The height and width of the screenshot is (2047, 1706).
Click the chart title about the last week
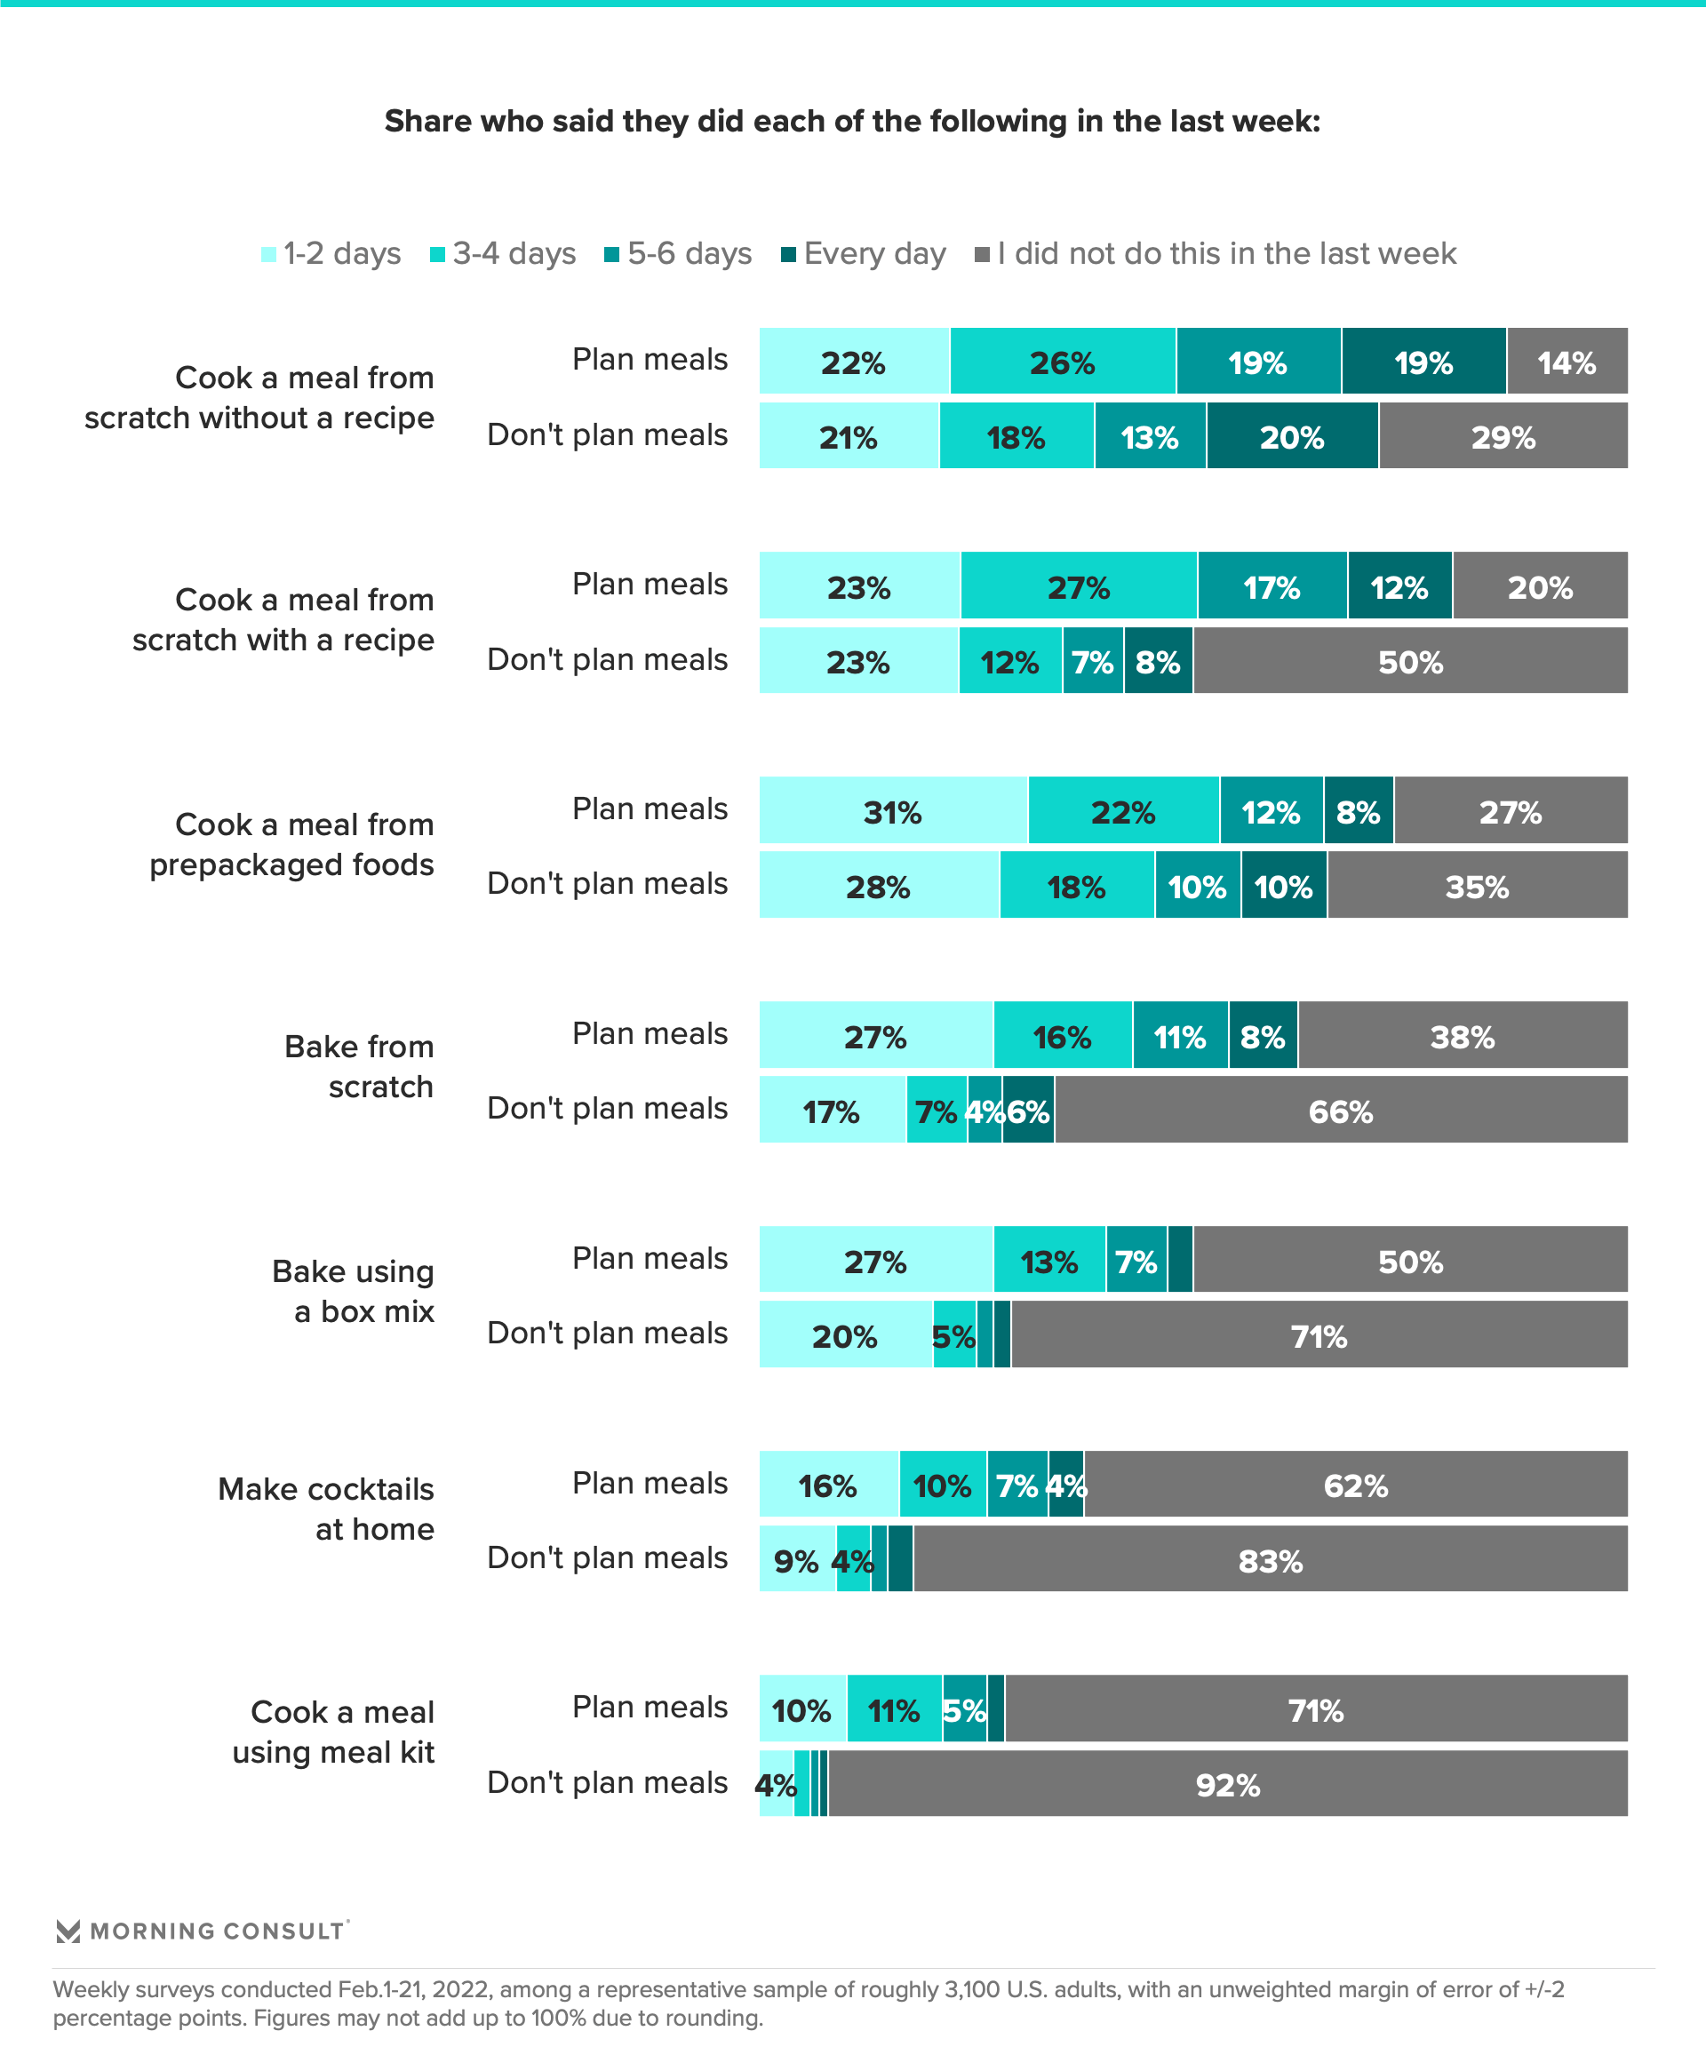tap(852, 121)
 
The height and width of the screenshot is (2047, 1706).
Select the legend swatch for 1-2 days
tap(269, 254)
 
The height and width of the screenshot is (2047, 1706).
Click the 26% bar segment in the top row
tap(1063, 362)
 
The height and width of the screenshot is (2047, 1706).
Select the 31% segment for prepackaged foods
tap(893, 810)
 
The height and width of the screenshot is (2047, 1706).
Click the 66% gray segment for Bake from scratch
tap(1341, 1110)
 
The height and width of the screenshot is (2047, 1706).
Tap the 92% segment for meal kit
tap(1227, 1783)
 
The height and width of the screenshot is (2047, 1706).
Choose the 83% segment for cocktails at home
tap(1271, 1558)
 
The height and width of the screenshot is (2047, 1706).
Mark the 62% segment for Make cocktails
tap(1355, 1484)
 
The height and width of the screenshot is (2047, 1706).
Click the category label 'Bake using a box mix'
tap(353, 1292)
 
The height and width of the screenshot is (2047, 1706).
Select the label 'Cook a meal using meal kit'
tap(333, 1732)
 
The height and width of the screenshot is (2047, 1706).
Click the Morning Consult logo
tap(202, 1931)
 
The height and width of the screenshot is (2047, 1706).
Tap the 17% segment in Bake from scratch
tap(832, 1110)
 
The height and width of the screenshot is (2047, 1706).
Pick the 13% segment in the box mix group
tap(1049, 1260)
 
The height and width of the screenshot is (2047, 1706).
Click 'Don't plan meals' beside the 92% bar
tap(608, 1782)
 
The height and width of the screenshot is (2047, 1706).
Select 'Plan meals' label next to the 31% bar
tap(650, 809)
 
